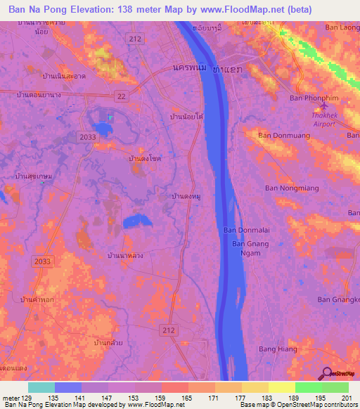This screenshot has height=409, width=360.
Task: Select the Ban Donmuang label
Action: point(283,135)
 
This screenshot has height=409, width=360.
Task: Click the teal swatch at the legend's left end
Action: point(41,387)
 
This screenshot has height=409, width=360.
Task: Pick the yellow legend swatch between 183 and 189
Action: point(281,387)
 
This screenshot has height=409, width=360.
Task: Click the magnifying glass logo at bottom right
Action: point(327,375)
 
